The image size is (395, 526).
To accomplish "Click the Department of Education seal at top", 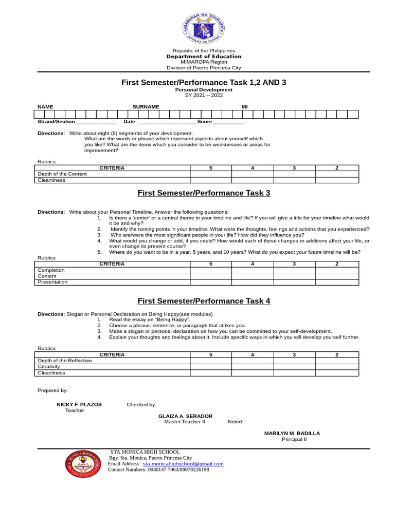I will point(204,26).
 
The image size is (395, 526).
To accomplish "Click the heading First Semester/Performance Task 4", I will point(203,302).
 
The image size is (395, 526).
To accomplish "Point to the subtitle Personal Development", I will point(204,90).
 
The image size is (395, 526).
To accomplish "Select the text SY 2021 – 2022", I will point(204,95).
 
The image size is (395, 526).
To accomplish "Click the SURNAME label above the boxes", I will point(146,106).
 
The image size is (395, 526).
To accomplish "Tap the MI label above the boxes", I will point(245,106).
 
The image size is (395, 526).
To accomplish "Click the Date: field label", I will point(130,122).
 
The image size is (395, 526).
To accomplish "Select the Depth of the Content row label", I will point(62,174).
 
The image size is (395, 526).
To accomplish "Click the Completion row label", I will point(51,270).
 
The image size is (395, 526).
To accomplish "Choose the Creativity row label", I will point(50,367).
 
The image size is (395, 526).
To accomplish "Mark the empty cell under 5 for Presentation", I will point(210,282).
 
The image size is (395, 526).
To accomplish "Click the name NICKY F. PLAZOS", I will point(79,405).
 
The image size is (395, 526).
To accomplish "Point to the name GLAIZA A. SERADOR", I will point(185,416).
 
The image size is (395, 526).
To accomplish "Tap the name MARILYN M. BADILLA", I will point(292,434).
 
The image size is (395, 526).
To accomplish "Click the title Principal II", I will point(294,440).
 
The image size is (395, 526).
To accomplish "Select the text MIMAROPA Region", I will point(204,62).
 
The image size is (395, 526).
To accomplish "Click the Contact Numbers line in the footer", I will point(158,469).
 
